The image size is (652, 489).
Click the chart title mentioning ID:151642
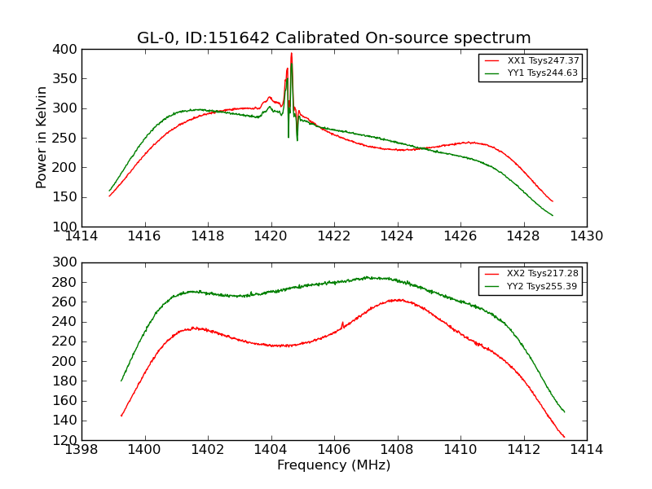coord(334,38)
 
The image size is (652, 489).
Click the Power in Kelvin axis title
coord(42,138)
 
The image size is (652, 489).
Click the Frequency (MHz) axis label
coord(334,465)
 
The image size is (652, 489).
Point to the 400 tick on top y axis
coord(67,50)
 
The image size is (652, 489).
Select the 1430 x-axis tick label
coord(586,236)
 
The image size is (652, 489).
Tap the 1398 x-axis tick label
coord(81,450)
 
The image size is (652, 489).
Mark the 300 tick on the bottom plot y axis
coord(67,262)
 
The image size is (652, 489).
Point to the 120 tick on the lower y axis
coord(67,440)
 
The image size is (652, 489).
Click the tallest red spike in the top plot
coord(291,54)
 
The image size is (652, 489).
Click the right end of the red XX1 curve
coord(553,201)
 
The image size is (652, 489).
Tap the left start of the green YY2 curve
coord(121,381)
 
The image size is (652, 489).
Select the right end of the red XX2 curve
coord(564,437)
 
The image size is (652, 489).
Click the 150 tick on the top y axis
coord(67,197)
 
